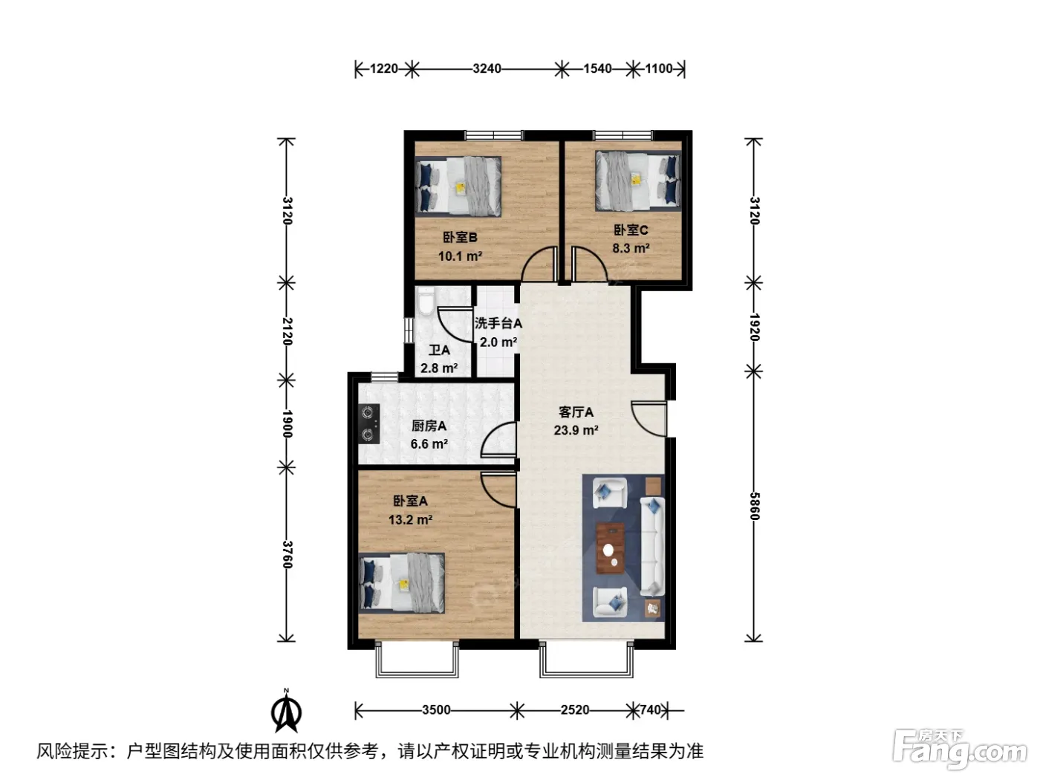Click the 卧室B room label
pos(460,237)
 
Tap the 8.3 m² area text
pos(631,248)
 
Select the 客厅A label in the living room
pos(576,412)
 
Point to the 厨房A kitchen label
pos(429,426)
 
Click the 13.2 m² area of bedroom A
pos(410,519)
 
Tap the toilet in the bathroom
pos(426,302)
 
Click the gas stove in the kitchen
pos(369,423)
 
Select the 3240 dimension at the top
pos(487,68)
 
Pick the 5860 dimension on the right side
pos(754,506)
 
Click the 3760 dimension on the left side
pos(287,554)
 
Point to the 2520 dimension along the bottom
pos(575,710)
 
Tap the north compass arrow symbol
pos(286,710)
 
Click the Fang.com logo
pos(961,750)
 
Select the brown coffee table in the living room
pos(610,548)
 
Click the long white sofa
pos(652,546)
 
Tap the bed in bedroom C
pos(637,181)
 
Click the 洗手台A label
pos(498,323)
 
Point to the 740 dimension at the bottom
pos(650,710)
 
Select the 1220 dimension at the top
pos(383,68)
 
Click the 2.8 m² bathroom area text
pos(439,368)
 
